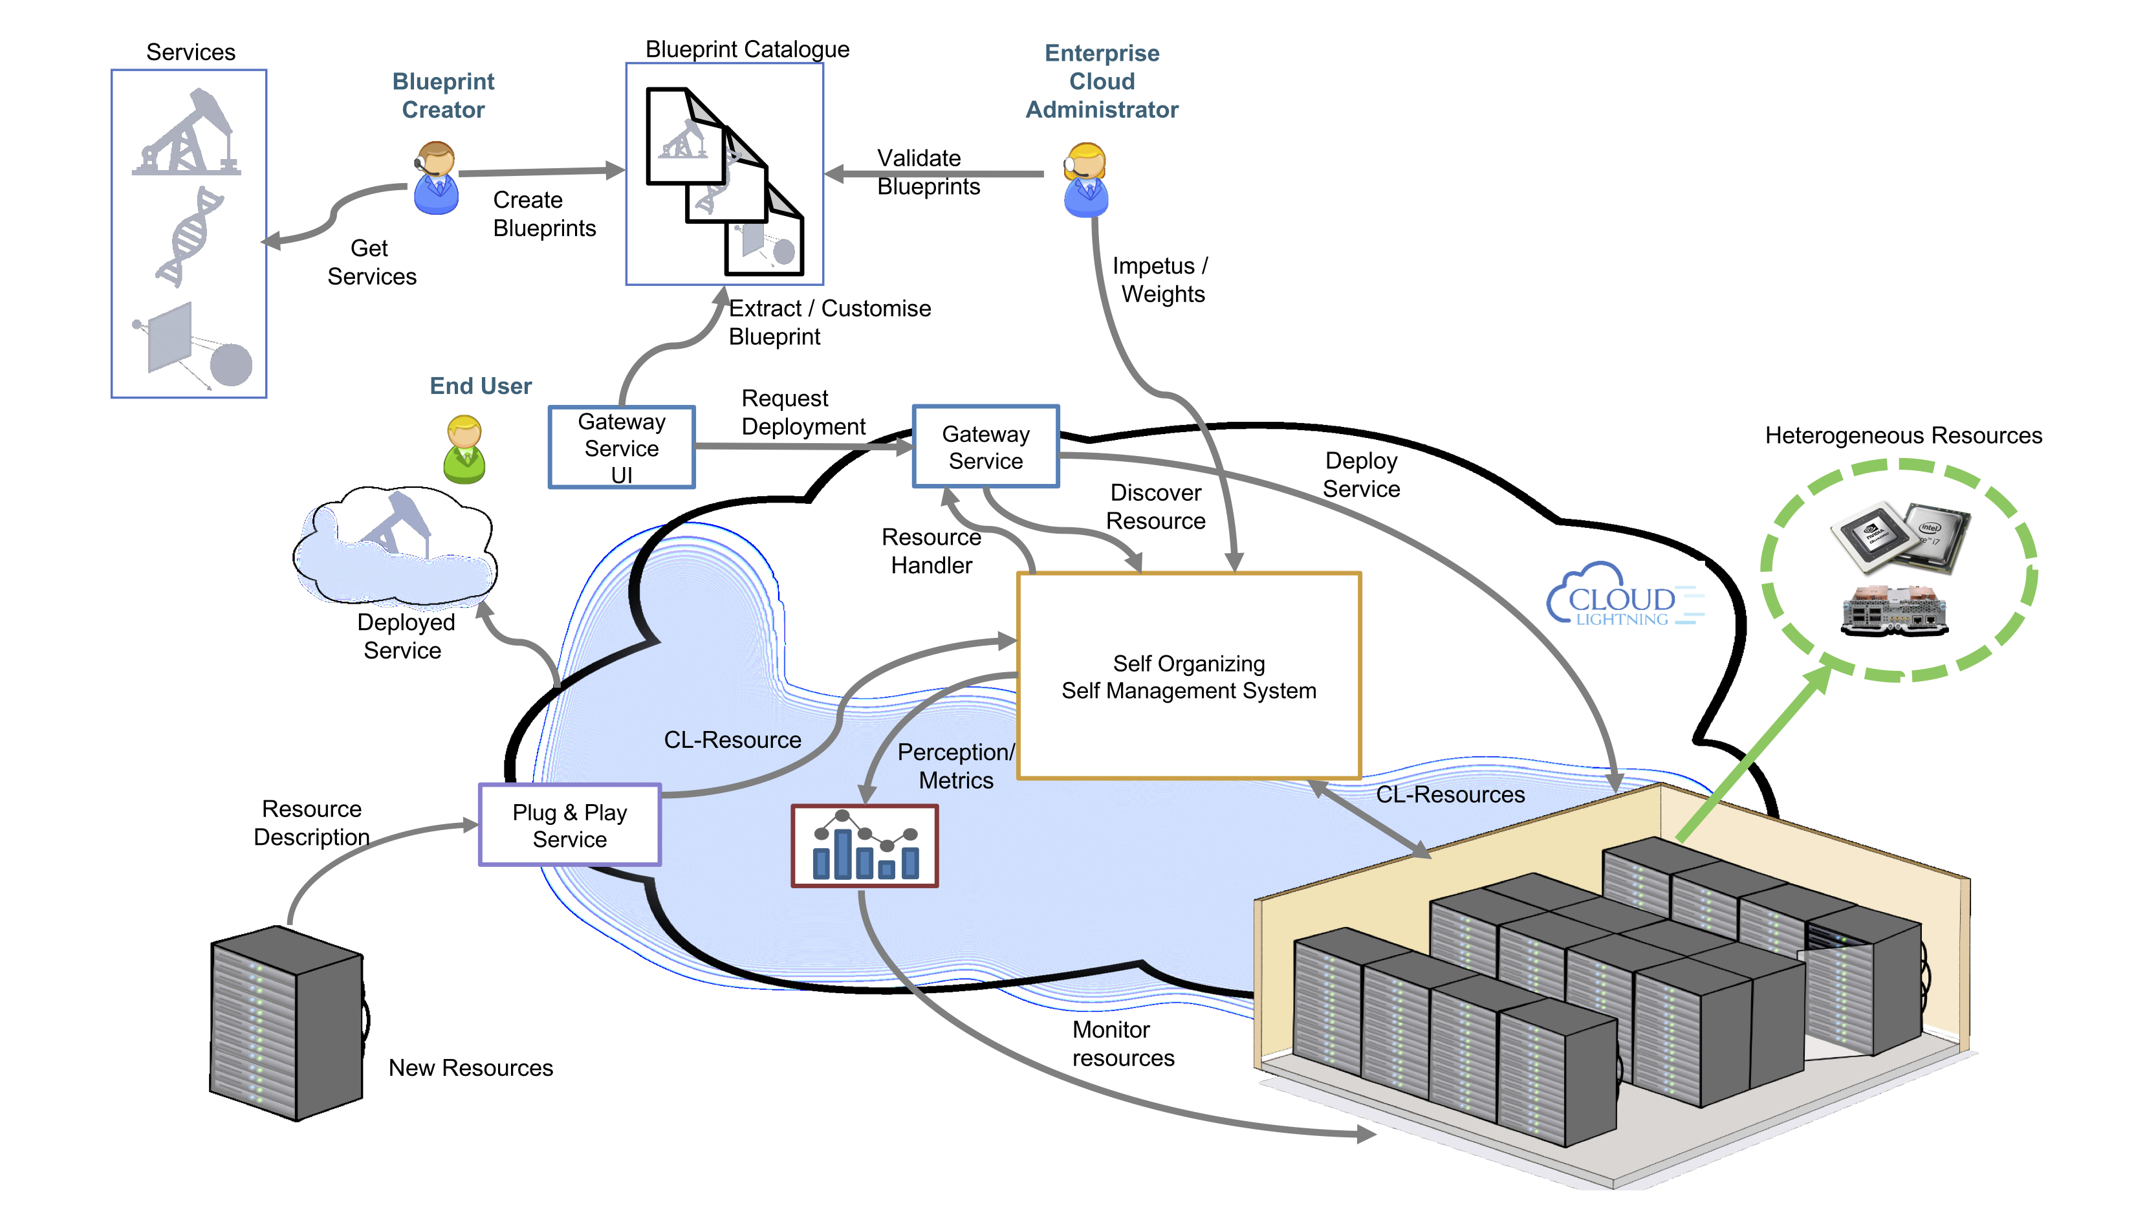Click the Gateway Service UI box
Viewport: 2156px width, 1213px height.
[x=621, y=448]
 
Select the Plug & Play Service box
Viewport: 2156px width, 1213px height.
[x=570, y=825]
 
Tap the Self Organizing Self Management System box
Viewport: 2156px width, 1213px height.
[x=1188, y=677]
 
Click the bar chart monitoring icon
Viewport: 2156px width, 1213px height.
[x=865, y=846]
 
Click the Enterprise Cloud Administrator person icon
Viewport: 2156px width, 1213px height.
[x=1085, y=180]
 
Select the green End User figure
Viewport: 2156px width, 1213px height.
[x=464, y=450]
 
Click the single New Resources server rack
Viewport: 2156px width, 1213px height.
[x=287, y=1023]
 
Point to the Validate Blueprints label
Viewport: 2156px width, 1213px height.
[x=928, y=173]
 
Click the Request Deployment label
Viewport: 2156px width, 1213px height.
[x=803, y=413]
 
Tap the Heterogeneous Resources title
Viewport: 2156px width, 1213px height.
[x=1903, y=436]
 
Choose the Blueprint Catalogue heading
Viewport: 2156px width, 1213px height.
[x=746, y=49]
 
